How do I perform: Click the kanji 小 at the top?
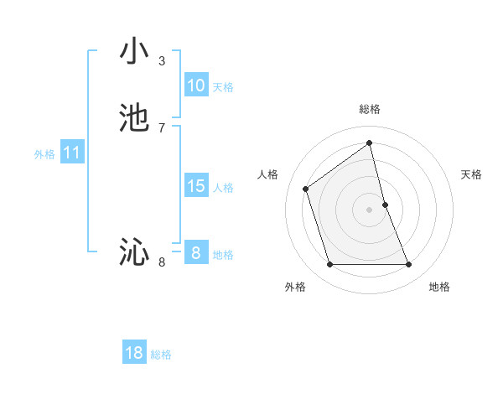[x=134, y=52]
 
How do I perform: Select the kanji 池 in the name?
[x=134, y=118]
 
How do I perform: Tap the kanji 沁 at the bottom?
[x=134, y=251]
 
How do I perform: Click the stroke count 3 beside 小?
[x=162, y=61]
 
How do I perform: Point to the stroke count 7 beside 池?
[x=162, y=127]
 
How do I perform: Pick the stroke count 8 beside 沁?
[x=162, y=262]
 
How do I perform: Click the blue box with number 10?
[x=195, y=86]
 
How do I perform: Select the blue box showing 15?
[x=195, y=186]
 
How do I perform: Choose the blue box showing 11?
[x=72, y=153]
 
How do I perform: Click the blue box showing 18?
[x=134, y=353]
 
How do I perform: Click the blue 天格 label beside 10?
[x=223, y=87]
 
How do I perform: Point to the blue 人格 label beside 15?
[x=223, y=188]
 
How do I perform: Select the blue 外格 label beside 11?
[x=44, y=154]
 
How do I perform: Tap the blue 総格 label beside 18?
[x=161, y=355]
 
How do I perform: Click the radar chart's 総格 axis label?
[x=370, y=109]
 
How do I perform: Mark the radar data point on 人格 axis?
[x=306, y=189]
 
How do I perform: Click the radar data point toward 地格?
[x=409, y=265]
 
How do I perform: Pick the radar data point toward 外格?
[x=329, y=265]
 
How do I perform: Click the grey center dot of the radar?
[x=370, y=209]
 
